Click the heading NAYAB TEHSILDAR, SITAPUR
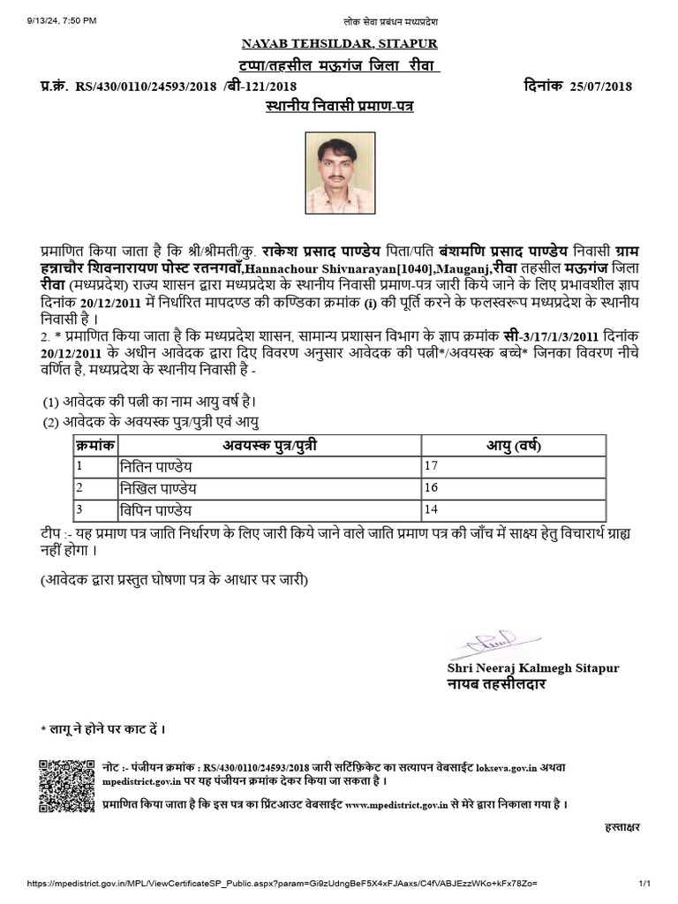339,43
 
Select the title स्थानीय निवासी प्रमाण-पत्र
339,106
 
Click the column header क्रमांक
93,444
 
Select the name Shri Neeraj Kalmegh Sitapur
533,668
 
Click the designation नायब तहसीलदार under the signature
496,684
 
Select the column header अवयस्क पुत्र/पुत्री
269,444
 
